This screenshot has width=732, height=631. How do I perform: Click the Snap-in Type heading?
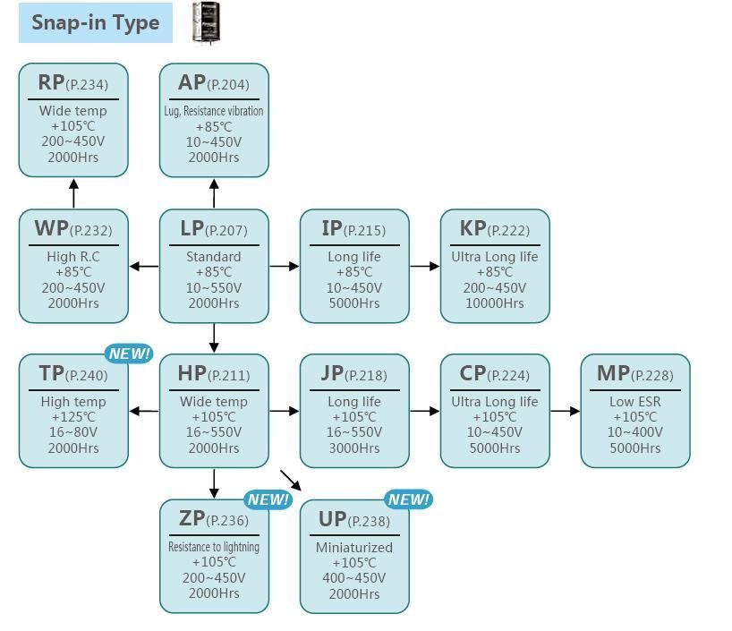click(96, 23)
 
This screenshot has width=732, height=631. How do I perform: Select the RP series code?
click(51, 82)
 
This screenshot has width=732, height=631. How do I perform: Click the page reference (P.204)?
click(228, 85)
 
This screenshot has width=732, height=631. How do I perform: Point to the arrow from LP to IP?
click(284, 266)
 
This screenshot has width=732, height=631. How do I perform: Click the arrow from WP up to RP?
click(73, 192)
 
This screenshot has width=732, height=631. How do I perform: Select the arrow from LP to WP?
click(144, 266)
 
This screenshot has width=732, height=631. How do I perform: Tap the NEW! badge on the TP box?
click(129, 354)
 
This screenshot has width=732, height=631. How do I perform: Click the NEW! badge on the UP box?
click(409, 499)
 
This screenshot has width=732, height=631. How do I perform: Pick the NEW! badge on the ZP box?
click(268, 499)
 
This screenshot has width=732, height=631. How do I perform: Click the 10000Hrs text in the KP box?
click(495, 303)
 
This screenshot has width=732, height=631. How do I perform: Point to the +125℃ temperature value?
click(73, 417)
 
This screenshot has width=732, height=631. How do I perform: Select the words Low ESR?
click(635, 402)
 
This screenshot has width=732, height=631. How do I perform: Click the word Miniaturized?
click(354, 547)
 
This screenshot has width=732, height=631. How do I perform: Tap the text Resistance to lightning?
click(214, 547)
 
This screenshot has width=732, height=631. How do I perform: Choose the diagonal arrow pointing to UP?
click(291, 480)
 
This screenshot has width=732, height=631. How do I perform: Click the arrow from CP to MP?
click(565, 411)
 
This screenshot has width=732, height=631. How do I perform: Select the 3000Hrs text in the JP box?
click(354, 448)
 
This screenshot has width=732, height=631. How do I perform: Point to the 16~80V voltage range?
click(73, 432)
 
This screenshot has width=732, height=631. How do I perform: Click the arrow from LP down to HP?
click(214, 337)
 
